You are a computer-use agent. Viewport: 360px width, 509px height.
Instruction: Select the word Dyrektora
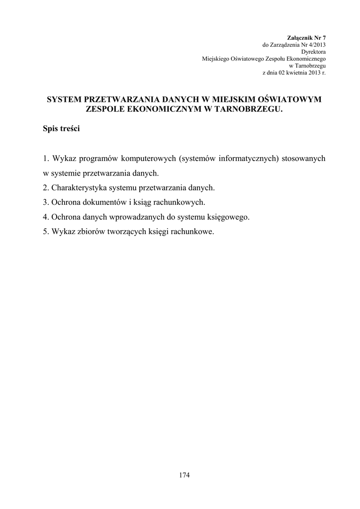point(313,52)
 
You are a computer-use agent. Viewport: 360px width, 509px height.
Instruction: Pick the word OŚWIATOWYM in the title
point(292,100)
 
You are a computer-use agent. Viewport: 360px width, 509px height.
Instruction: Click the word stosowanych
point(303,159)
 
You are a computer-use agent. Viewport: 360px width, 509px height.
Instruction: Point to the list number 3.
point(45,202)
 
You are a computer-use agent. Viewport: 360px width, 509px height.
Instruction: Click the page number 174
point(184,475)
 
